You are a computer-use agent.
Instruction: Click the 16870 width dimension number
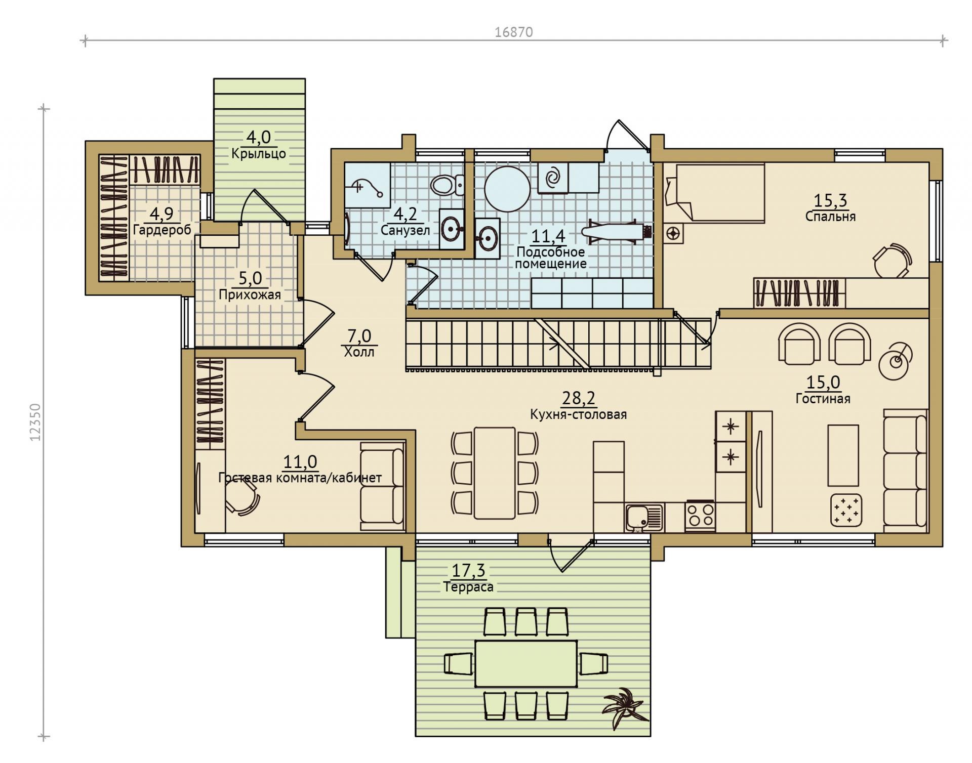513,32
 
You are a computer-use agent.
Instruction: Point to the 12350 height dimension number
35,422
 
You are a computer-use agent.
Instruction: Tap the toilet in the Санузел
448,185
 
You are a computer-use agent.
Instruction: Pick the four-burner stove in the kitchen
701,515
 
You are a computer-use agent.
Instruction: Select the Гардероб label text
162,230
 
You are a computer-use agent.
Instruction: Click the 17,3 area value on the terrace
468,570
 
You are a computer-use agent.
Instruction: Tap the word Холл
359,352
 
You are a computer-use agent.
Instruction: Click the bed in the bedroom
714,193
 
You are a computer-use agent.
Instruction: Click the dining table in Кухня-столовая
495,473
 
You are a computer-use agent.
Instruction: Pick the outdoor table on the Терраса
526,663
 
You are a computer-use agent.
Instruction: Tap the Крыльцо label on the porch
259,153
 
